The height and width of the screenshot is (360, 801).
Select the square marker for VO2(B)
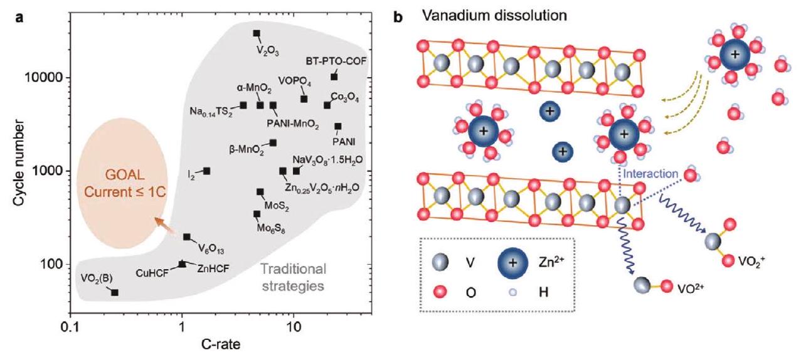point(115,292)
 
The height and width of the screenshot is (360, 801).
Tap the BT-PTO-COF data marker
point(334,77)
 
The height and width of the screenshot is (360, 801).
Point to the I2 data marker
point(207,171)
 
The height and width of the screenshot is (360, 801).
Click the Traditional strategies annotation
point(293,277)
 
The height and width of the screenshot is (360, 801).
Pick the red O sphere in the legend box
point(441,291)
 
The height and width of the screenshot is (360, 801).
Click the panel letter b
point(398,12)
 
